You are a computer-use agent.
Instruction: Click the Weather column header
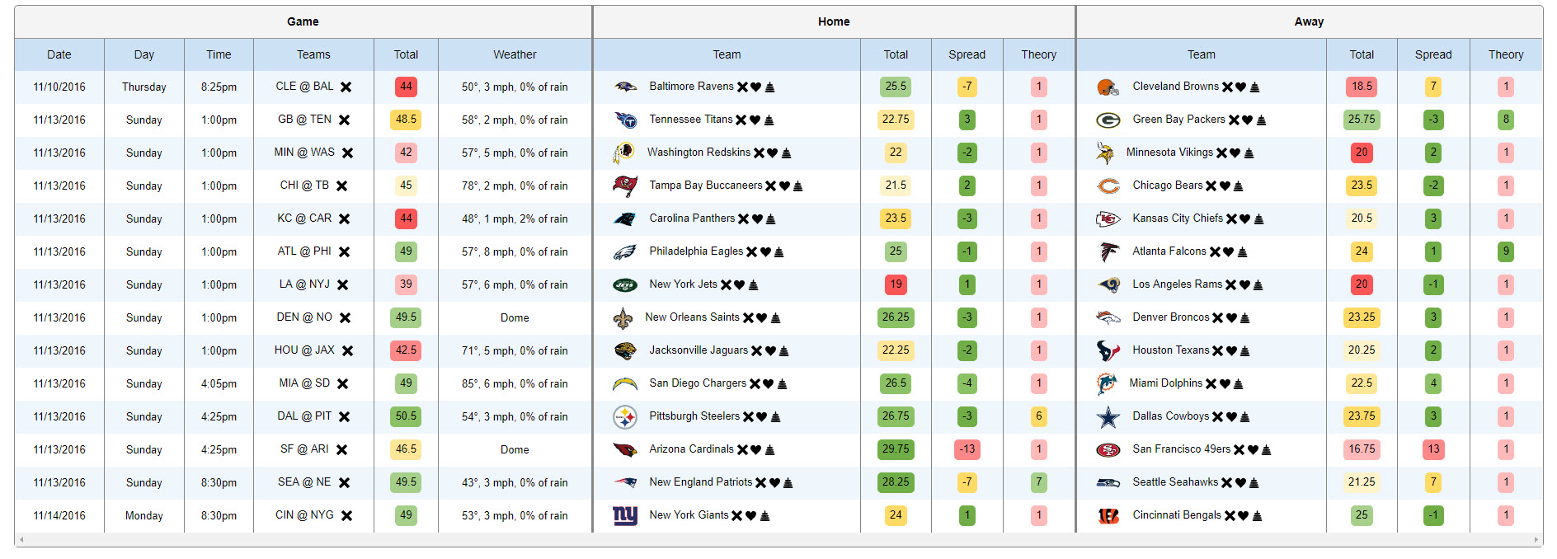(515, 54)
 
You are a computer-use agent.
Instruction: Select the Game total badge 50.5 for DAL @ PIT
(406, 416)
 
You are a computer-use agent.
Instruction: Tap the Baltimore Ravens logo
(625, 87)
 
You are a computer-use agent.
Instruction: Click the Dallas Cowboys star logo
(1108, 417)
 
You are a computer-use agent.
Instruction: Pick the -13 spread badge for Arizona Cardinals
(967, 449)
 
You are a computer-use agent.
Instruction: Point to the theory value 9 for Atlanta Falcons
(1506, 251)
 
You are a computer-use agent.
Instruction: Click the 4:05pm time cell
(219, 383)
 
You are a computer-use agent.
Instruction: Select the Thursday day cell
(143, 87)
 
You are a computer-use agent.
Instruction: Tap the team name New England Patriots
(700, 482)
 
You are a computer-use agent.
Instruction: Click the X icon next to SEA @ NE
(345, 483)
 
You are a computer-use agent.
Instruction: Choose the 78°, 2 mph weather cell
(515, 186)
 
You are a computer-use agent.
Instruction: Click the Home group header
(833, 21)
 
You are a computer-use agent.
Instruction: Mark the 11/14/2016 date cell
(59, 515)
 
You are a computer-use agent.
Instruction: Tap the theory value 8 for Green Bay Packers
(1506, 120)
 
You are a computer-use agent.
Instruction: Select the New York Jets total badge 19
(896, 284)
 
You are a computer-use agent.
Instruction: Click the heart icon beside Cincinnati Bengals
(1243, 516)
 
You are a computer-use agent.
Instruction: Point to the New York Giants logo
(625, 515)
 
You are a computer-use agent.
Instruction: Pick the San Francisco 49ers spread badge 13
(1433, 449)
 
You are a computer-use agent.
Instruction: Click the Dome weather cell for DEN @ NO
(515, 317)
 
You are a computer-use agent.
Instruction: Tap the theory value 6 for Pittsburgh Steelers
(1038, 416)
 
